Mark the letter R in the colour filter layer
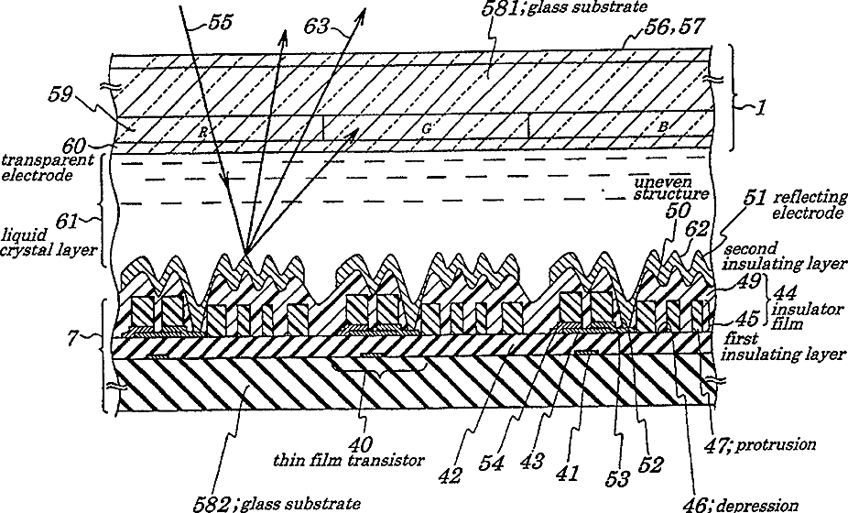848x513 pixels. click(201, 131)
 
